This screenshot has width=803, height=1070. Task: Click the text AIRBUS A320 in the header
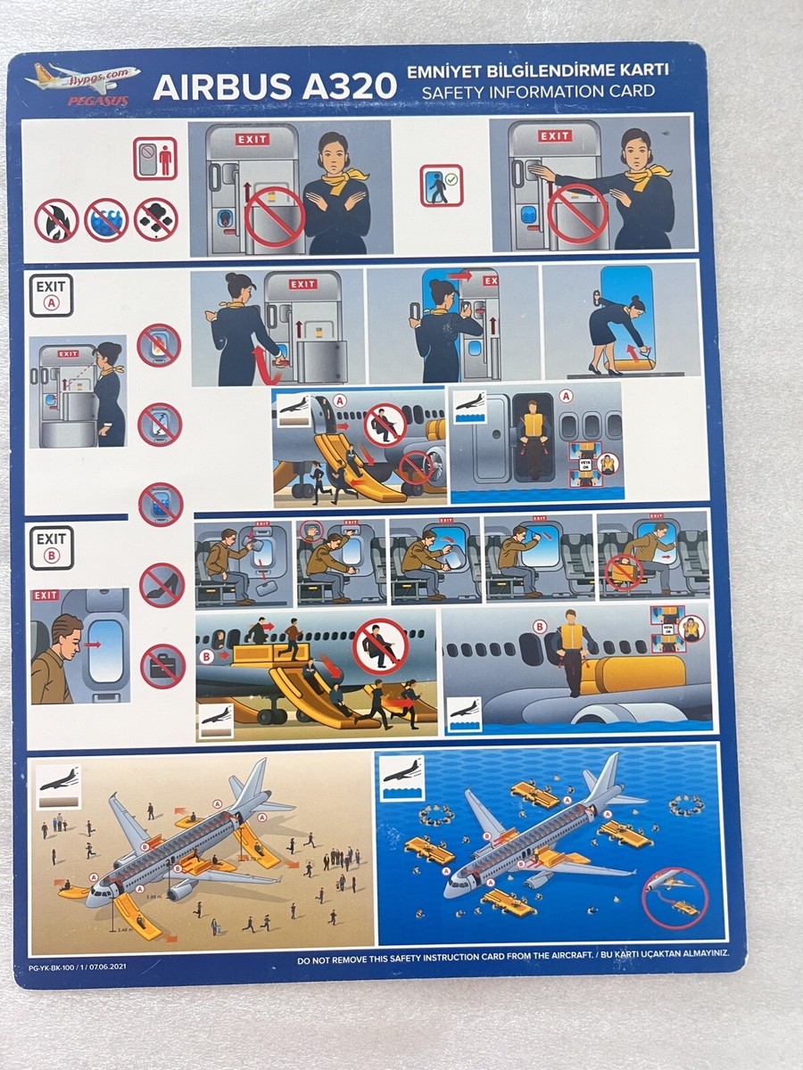(x=274, y=87)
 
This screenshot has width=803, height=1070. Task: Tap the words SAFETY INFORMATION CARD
(x=538, y=92)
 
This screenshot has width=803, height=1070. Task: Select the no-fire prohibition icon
(x=56, y=220)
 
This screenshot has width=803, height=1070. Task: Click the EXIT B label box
(x=51, y=547)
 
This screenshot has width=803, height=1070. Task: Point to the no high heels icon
(x=161, y=584)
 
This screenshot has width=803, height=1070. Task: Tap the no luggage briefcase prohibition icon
(x=162, y=665)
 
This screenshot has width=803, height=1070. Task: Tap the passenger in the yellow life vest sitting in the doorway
(x=533, y=434)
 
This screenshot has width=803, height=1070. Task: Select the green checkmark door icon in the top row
(x=442, y=185)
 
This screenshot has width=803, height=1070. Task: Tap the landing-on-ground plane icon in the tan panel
(x=56, y=778)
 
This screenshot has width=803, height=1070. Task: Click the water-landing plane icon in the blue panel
(x=401, y=775)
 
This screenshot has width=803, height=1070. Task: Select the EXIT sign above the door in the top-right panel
(x=553, y=136)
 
